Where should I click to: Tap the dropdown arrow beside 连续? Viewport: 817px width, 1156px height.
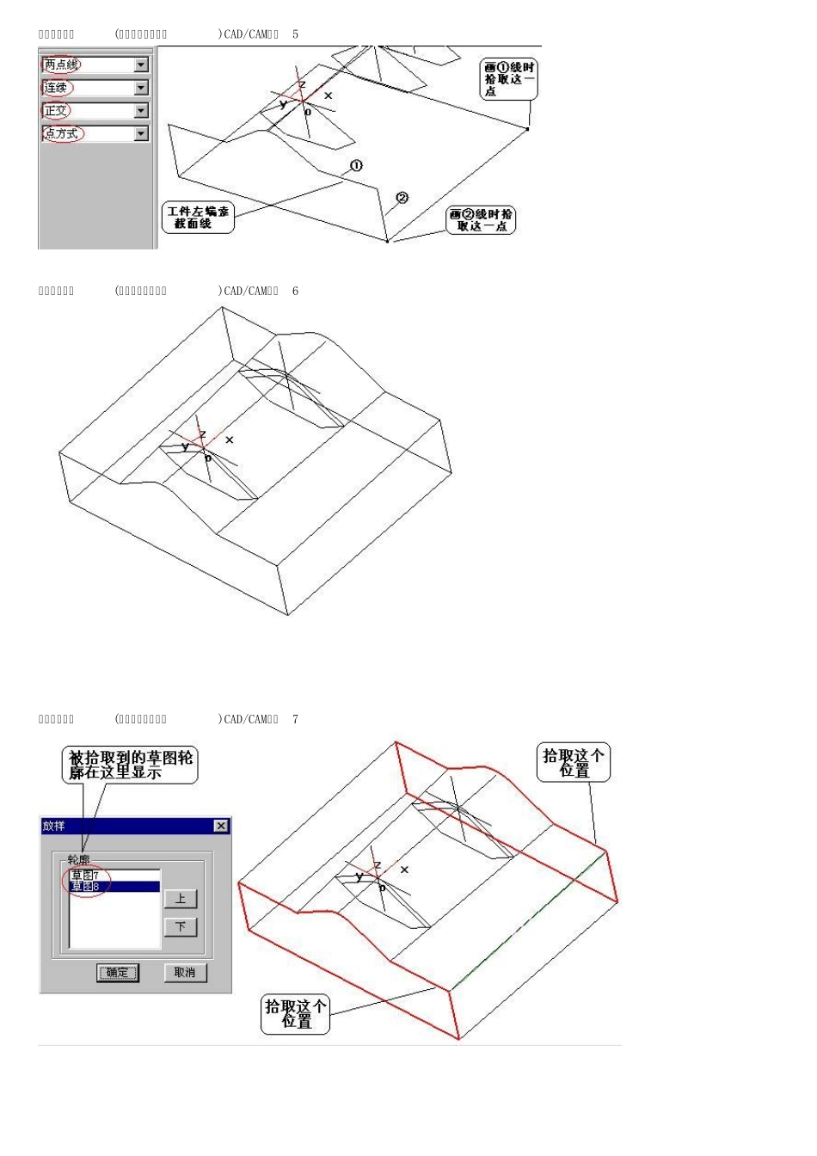[142, 88]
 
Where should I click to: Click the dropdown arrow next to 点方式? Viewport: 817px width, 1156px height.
[142, 134]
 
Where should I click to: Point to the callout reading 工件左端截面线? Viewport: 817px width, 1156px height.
[198, 218]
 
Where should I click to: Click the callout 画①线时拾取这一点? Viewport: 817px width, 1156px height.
[508, 79]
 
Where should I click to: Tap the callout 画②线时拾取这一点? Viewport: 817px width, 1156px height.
[481, 220]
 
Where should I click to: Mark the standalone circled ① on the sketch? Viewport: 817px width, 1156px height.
[356, 165]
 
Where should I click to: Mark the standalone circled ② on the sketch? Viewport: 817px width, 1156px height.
[402, 198]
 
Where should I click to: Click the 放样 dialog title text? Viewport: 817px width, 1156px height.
[54, 826]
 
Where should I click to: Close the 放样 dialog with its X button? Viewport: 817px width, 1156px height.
[221, 826]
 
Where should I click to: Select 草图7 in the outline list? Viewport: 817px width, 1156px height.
[85, 876]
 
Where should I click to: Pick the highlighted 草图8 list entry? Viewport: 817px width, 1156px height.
[86, 886]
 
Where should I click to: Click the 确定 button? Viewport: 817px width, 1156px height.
[118, 973]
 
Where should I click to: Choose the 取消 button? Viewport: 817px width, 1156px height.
[185, 973]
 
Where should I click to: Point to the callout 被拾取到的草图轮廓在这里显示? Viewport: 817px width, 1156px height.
[131, 765]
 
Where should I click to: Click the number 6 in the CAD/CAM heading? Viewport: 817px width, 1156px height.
[295, 292]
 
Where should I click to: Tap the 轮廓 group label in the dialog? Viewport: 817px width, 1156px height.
[78, 859]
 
